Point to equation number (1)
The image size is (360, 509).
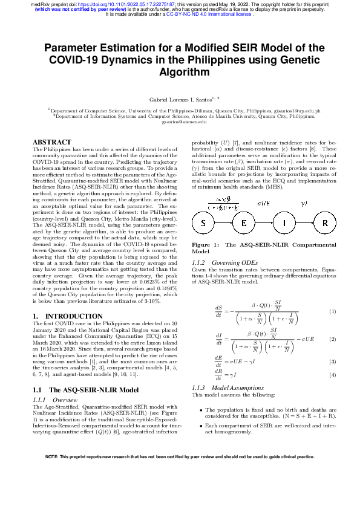tap(332, 311)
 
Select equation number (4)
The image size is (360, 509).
tap(332, 375)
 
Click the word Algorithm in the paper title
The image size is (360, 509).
tap(180, 72)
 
